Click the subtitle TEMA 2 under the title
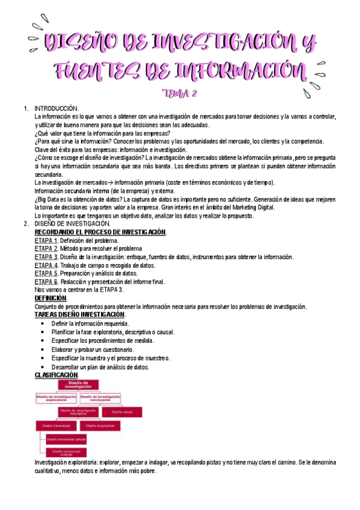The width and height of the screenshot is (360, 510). [x=180, y=93]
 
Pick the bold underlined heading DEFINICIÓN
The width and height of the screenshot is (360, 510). [x=51, y=298]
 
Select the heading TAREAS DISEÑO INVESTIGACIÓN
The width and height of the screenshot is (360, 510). [x=80, y=315]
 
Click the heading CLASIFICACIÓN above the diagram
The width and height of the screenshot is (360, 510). [x=60, y=376]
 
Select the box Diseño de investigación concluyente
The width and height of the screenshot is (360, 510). [x=100, y=398]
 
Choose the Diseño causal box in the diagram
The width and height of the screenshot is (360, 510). [x=120, y=412]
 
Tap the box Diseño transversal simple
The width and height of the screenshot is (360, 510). [x=66, y=439]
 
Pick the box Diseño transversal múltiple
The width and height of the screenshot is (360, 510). [x=66, y=452]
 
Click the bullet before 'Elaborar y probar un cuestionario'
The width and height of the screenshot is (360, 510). [x=40, y=349]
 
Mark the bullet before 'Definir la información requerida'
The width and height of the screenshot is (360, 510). [x=40, y=324]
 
